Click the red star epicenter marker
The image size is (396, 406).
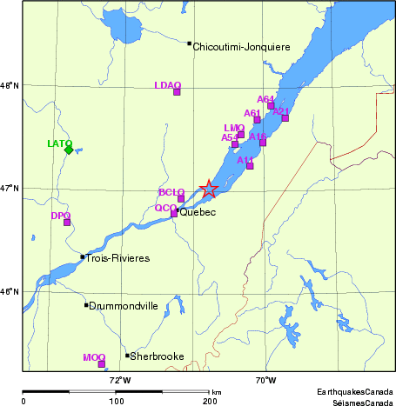(x=209, y=188)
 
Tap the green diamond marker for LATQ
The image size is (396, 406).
(x=69, y=150)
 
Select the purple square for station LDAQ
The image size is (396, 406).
(x=177, y=91)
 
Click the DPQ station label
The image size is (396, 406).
(x=60, y=215)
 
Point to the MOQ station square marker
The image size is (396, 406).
(x=102, y=363)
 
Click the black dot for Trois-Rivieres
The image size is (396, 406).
(x=83, y=256)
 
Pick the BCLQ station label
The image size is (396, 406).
(x=171, y=191)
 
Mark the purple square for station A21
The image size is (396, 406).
(x=285, y=117)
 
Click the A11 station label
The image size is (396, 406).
(x=245, y=159)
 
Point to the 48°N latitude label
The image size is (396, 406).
(x=10, y=85)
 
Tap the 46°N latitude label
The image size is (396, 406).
(x=10, y=290)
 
